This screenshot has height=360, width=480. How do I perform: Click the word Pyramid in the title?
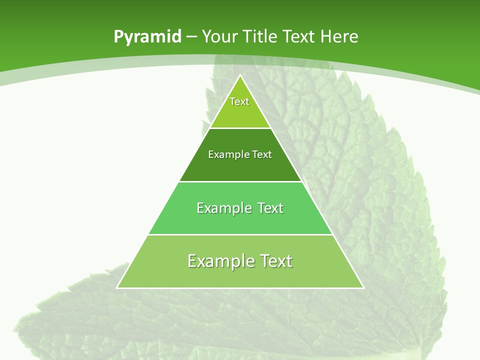pos(147,37)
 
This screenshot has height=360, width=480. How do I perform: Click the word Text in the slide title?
pos(299,36)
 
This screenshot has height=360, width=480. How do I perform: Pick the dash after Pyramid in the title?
pos(191,37)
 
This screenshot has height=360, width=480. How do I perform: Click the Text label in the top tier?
pos(239,101)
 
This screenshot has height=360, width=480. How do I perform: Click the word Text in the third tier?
pos(270,208)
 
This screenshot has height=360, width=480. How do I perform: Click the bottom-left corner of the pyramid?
pos(117,287)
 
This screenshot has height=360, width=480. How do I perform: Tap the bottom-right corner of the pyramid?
pos(363,287)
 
